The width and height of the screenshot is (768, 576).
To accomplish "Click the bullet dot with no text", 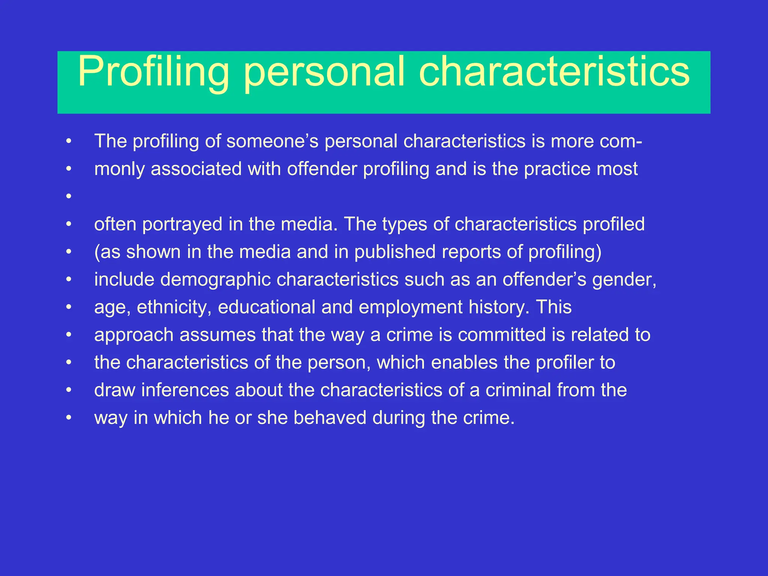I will (68, 196).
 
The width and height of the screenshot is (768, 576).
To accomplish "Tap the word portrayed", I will (182, 224).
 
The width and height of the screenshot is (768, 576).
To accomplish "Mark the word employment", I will (411, 307).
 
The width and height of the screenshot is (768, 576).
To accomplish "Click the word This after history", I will (553, 307).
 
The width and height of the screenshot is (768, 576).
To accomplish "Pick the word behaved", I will (330, 418).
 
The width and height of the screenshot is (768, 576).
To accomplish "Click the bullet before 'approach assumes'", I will (68, 335).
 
